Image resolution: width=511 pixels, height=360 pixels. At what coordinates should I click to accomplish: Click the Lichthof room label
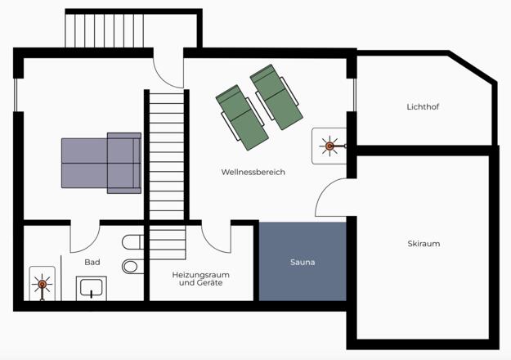click(423, 106)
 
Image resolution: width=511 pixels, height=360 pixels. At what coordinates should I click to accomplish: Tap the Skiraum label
click(424, 244)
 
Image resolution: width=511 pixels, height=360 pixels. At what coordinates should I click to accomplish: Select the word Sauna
click(303, 262)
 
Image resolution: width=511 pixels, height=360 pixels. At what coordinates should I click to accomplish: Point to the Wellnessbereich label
click(253, 172)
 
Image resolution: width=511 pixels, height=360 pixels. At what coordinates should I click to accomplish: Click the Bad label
click(92, 262)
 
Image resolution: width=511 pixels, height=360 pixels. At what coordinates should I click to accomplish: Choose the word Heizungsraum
click(201, 275)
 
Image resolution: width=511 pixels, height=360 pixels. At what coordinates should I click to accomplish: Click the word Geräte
click(210, 283)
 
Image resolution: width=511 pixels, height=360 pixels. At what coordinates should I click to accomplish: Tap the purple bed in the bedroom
click(101, 163)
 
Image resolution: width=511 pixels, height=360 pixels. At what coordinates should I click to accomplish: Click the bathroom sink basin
click(92, 288)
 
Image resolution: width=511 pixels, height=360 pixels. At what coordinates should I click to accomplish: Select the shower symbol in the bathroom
click(42, 285)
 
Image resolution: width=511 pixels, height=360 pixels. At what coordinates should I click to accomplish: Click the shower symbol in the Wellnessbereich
click(329, 146)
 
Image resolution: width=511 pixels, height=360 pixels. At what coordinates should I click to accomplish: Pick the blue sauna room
click(303, 262)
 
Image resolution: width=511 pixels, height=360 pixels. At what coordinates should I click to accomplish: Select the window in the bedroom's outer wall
click(16, 95)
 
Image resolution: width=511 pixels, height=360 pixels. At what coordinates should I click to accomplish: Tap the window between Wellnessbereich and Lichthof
click(355, 95)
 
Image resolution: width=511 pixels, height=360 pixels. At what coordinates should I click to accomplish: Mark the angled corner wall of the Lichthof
click(473, 66)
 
